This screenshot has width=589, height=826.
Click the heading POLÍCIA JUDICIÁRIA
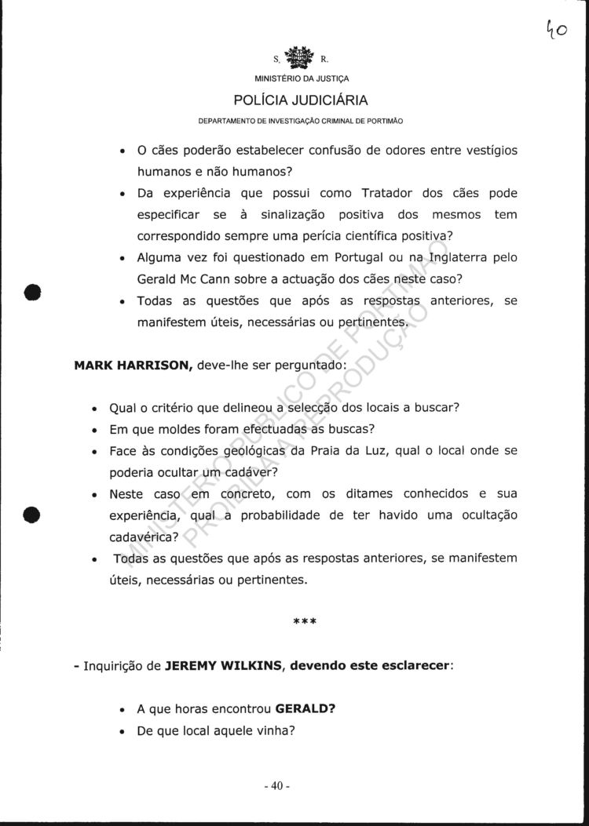tap(301, 100)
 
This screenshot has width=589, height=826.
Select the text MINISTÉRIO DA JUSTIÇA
tap(302, 78)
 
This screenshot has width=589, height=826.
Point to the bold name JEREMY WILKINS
tap(216, 666)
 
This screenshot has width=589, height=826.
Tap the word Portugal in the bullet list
tap(360, 257)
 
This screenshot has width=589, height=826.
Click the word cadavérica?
tap(144, 537)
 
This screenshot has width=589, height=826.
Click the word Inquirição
tap(123, 666)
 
